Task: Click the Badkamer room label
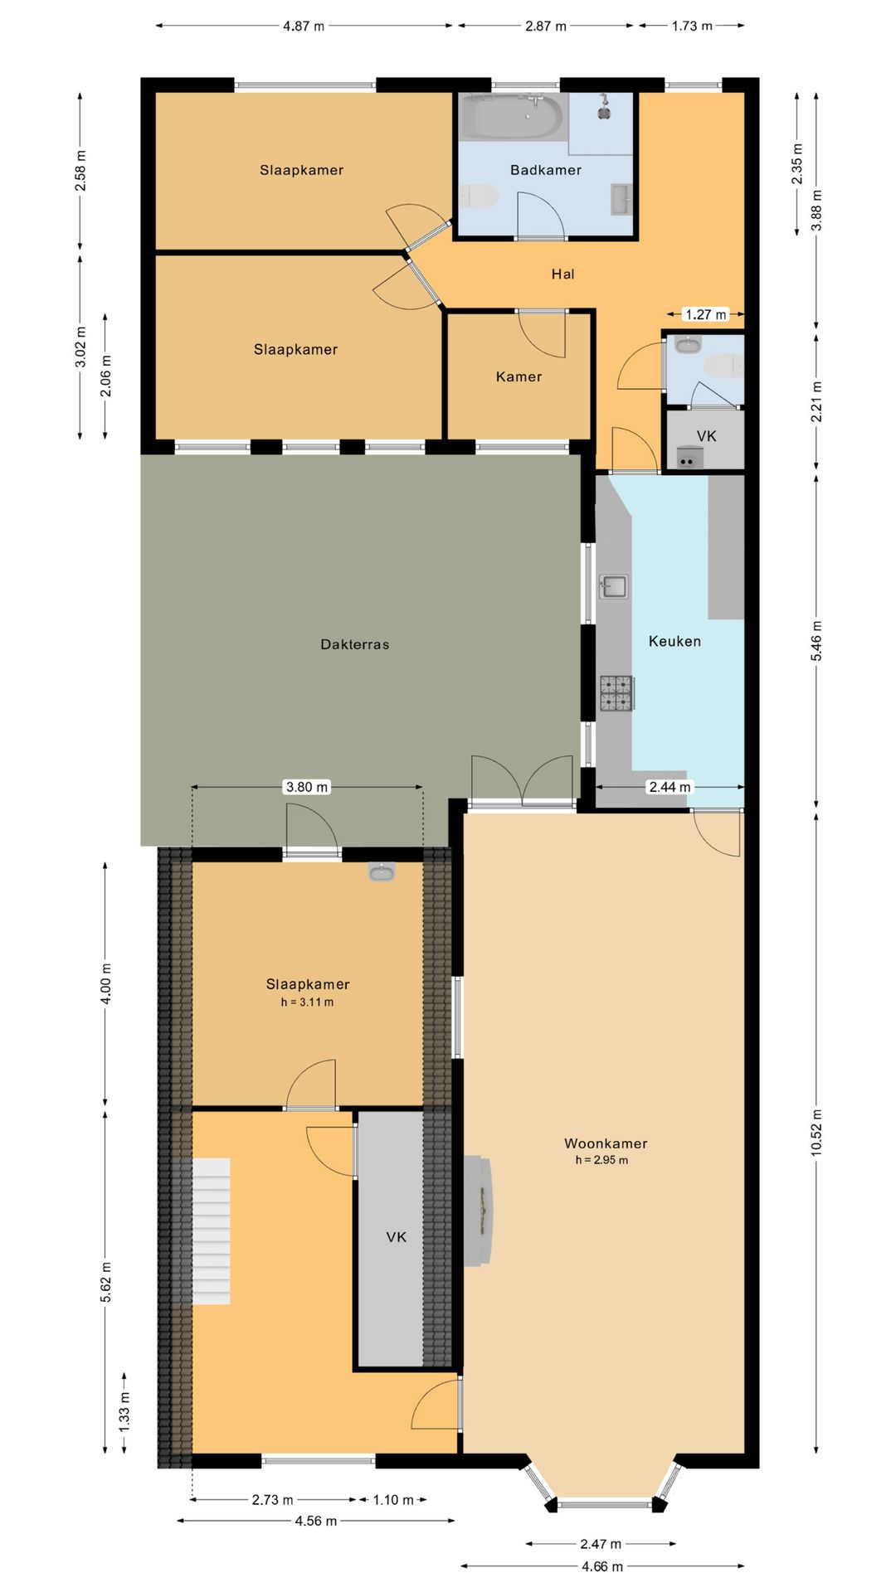tap(545, 170)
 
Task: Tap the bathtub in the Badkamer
tap(511, 117)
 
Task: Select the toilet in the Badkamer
tap(479, 197)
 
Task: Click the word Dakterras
tap(354, 644)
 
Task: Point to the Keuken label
tap(674, 641)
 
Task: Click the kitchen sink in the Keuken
tap(613, 586)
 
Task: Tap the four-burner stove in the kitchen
tap(616, 693)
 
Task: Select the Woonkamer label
tap(606, 1143)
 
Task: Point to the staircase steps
tap(212, 1231)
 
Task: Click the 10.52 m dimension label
tap(816, 1133)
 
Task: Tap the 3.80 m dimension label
tap(306, 787)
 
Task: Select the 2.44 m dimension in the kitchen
tap(670, 787)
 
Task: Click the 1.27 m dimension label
tap(705, 314)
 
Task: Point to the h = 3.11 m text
tap(307, 1002)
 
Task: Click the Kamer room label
tap(519, 376)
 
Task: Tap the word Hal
tap(562, 274)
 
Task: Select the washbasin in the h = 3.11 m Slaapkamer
tap(382, 871)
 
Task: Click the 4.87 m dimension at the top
tap(304, 26)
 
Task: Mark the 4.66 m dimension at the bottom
tap(601, 1566)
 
